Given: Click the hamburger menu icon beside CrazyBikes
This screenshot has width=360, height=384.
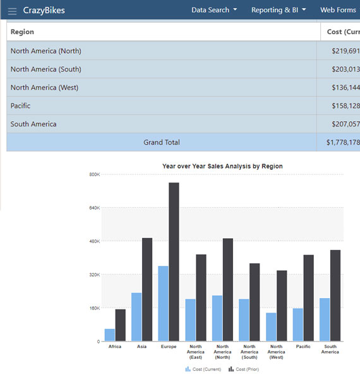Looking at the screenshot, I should click(12, 11).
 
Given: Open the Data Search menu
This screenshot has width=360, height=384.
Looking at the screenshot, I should click(214, 10).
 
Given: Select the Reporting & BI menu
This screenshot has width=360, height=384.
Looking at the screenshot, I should click(278, 10).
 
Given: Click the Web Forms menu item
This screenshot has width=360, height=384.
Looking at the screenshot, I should click(338, 10).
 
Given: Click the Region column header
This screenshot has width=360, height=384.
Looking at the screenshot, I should click(23, 32).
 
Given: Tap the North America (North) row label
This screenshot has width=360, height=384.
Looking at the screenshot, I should click(46, 51).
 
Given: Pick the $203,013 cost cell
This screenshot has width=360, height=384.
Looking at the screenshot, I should click(345, 69).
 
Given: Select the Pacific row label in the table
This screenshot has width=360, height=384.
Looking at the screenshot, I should click(21, 106).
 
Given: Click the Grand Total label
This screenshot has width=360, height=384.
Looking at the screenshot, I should click(162, 143).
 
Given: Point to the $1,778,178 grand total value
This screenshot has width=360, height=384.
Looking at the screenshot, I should click(342, 143).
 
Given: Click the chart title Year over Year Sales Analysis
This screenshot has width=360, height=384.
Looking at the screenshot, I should click(222, 166).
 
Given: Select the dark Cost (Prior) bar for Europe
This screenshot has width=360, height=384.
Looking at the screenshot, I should click(174, 261).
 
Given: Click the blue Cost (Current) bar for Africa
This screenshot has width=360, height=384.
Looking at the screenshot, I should click(110, 335).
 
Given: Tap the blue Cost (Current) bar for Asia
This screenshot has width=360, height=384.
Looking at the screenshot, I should click(136, 317).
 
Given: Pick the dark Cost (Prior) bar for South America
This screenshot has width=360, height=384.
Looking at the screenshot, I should click(335, 296).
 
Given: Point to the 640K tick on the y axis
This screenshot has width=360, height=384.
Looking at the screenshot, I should click(93, 208).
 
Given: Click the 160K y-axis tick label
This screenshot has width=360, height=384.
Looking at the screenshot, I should click(93, 308).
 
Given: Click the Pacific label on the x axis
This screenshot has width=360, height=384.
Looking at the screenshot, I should click(303, 347).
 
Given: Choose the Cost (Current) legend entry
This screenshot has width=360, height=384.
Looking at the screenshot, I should click(203, 369).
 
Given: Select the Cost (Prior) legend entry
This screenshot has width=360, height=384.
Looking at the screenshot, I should click(244, 369).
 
